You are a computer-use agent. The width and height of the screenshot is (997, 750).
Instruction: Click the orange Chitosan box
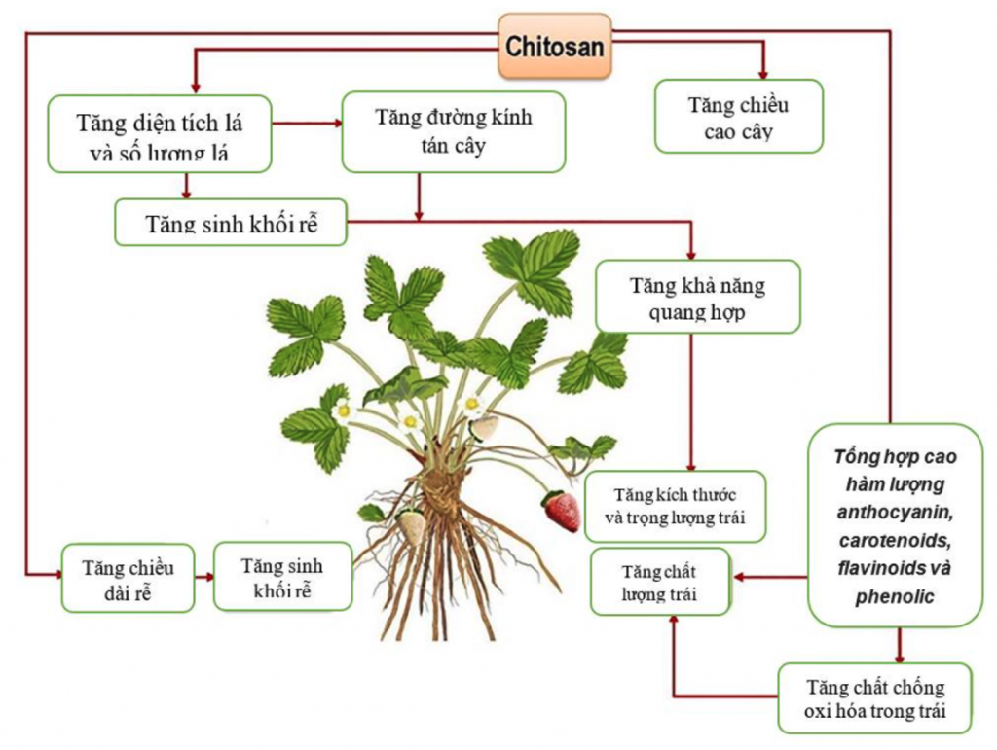[x=555, y=46]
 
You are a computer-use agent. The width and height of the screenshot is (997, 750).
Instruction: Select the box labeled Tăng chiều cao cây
[x=738, y=117]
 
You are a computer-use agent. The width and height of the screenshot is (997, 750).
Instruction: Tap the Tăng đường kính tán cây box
[x=453, y=132]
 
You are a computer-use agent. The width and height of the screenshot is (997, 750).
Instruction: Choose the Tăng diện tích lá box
[x=159, y=134]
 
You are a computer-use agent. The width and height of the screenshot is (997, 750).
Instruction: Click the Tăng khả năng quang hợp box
[x=697, y=297]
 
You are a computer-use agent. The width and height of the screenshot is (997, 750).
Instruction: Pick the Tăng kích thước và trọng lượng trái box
[x=675, y=506]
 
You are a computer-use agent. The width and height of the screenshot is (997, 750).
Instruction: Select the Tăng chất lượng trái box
[x=660, y=582]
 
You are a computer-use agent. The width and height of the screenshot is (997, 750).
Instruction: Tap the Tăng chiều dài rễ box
[x=128, y=578]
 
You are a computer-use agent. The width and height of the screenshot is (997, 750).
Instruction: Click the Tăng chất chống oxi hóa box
[x=874, y=698]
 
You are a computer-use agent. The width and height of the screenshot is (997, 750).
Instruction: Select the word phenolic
[x=895, y=596]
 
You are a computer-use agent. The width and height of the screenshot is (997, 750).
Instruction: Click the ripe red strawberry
[x=562, y=511]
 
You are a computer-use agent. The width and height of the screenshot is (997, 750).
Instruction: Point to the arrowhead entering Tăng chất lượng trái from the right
[x=740, y=577]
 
